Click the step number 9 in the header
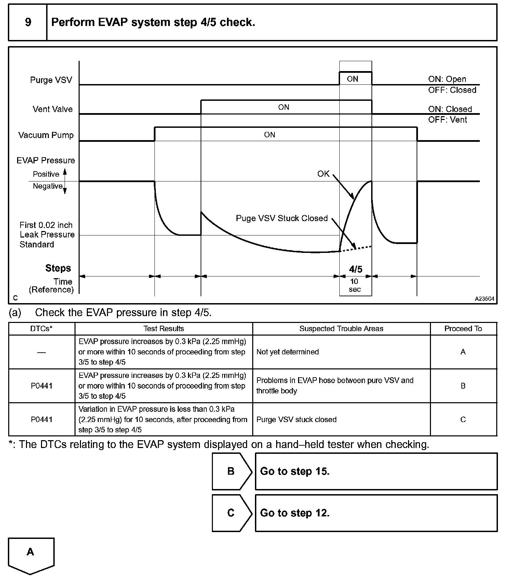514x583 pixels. pos(28,23)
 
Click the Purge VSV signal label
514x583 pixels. pos(51,80)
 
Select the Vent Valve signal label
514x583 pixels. pos(53,109)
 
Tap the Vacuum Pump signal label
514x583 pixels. pos(46,135)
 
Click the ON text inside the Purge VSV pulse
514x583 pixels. pos(352,79)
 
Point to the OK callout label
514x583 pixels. pos(323,174)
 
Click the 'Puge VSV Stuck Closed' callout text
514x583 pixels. pos(282,218)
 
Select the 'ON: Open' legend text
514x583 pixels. pos(447,79)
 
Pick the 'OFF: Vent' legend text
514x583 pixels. pos(447,120)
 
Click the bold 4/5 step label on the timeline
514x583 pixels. pos(355,269)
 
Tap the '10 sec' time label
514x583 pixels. pos(355,285)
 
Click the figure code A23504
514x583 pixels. pos(484,299)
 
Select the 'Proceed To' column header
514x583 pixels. pos(463,329)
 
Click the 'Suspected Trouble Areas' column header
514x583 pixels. pos(341,329)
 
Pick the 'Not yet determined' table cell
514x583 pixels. pos(287,352)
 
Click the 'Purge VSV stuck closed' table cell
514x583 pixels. pos(296,420)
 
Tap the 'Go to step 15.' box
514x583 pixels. pos(376,472)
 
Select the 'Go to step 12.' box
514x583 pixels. pos(376,513)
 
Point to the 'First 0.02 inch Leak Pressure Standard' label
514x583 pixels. pos(46,235)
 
